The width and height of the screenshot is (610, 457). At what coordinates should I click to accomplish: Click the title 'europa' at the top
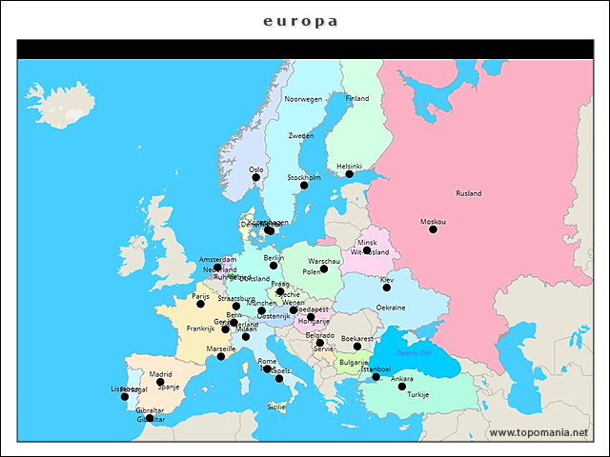click(x=300, y=21)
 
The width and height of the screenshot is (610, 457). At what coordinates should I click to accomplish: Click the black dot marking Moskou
click(x=433, y=229)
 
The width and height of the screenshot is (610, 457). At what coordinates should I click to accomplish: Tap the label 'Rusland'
click(x=469, y=193)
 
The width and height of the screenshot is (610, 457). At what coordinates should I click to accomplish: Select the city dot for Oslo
click(x=255, y=178)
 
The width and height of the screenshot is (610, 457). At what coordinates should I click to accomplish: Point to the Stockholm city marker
click(x=304, y=185)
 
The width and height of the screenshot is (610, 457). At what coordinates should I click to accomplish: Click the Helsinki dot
click(x=350, y=174)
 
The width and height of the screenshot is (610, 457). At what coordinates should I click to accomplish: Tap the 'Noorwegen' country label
click(x=303, y=99)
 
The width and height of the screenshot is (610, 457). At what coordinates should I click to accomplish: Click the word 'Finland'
click(x=356, y=98)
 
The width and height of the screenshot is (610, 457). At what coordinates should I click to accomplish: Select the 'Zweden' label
click(x=301, y=135)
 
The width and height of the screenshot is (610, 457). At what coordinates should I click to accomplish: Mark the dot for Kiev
click(x=387, y=288)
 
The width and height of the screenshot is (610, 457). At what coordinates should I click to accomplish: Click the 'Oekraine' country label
click(x=391, y=308)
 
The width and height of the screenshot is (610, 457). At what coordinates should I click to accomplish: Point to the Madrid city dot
click(x=160, y=382)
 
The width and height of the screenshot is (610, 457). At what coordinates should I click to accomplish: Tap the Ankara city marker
click(x=402, y=387)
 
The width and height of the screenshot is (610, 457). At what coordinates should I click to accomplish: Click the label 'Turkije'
click(x=418, y=394)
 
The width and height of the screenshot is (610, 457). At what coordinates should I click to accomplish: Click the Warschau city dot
click(x=324, y=268)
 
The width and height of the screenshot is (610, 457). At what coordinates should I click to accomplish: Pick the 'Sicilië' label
click(x=276, y=407)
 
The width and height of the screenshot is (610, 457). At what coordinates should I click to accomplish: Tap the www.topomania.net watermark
click(x=539, y=432)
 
